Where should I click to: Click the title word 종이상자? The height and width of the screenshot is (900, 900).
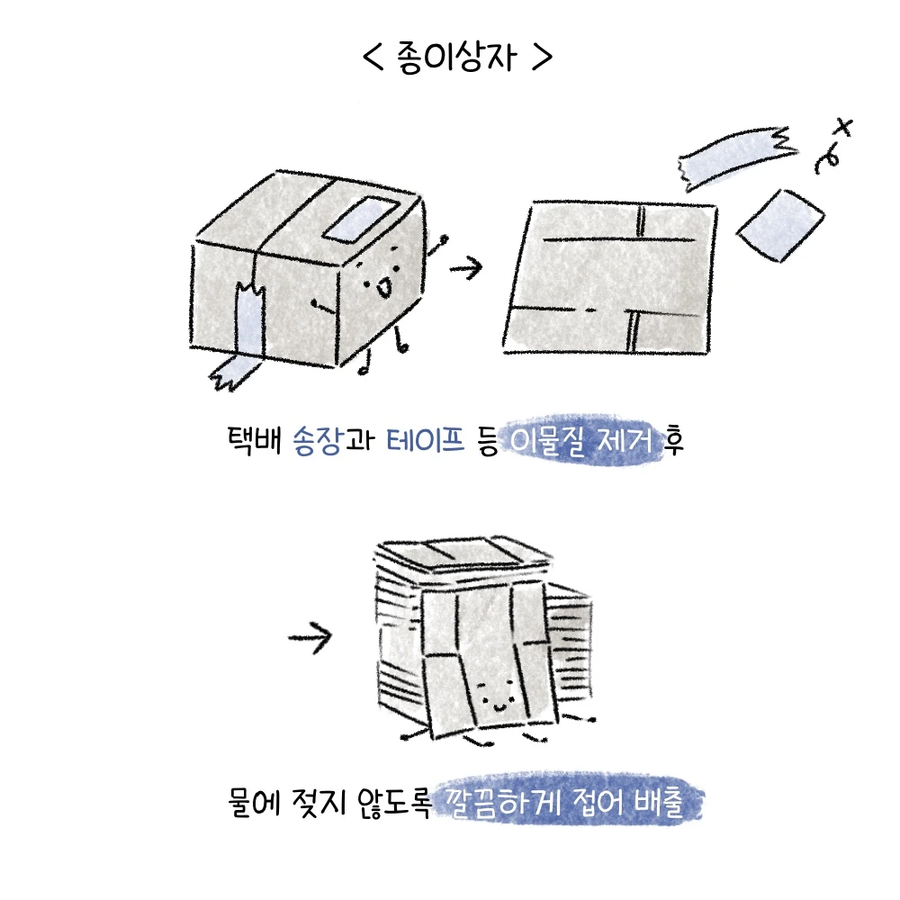pyautogui.click(x=456, y=58)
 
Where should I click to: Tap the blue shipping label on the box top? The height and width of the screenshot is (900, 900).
pyautogui.click(x=363, y=218)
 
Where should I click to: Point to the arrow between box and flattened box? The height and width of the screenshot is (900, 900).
pyautogui.click(x=465, y=267)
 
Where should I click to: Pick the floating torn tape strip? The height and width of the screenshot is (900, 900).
pyautogui.click(x=737, y=156)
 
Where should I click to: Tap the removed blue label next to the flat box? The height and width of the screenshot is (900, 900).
pyautogui.click(x=780, y=226)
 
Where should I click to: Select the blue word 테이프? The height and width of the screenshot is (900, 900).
pyautogui.click(x=426, y=440)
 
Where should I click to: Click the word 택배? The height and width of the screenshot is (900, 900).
pyautogui.click(x=255, y=440)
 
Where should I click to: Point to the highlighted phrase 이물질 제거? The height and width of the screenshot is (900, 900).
pyautogui.click(x=581, y=441)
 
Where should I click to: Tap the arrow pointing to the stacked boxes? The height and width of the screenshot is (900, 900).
pyautogui.click(x=310, y=636)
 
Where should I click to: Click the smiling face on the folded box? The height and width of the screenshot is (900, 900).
pyautogui.click(x=497, y=695)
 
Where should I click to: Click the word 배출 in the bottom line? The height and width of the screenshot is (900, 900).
pyautogui.click(x=659, y=801)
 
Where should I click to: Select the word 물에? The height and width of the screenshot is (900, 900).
pyautogui.click(x=254, y=801)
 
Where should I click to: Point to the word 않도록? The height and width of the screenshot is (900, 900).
pyautogui.click(x=394, y=802)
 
